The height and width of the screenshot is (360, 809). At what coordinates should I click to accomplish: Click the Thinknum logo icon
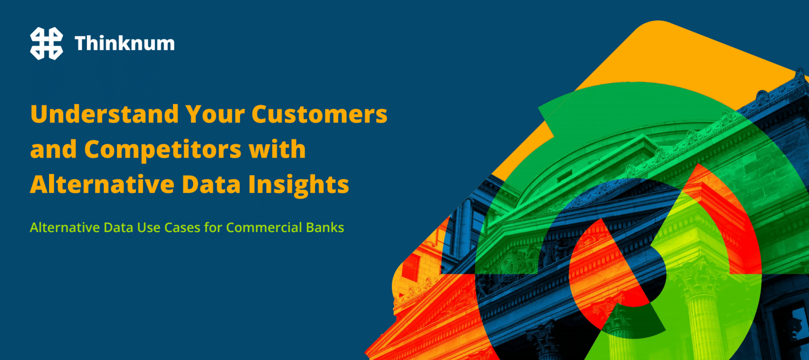[x=47, y=43]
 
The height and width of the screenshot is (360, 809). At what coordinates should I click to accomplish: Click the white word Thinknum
[x=125, y=43]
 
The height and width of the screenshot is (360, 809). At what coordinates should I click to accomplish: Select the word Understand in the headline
[x=104, y=114]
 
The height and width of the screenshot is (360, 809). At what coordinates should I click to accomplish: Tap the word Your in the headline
[x=215, y=114]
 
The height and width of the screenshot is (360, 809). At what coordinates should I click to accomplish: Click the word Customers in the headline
[x=320, y=114]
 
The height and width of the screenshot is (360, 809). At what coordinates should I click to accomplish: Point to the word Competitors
[x=163, y=150]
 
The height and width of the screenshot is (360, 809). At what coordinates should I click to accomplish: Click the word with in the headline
[x=277, y=150]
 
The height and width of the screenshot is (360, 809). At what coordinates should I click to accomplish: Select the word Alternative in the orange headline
[x=102, y=184]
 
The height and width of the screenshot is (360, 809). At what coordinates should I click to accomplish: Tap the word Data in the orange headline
[x=211, y=184]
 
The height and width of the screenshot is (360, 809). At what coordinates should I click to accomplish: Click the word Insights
[x=299, y=184]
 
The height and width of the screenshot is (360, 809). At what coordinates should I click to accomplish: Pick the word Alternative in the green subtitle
[x=65, y=227]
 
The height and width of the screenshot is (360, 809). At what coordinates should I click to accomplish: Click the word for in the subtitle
[x=213, y=227]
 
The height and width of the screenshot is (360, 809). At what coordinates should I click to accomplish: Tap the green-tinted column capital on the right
[x=700, y=279]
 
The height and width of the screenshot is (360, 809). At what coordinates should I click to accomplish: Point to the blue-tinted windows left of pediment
[x=465, y=227]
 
